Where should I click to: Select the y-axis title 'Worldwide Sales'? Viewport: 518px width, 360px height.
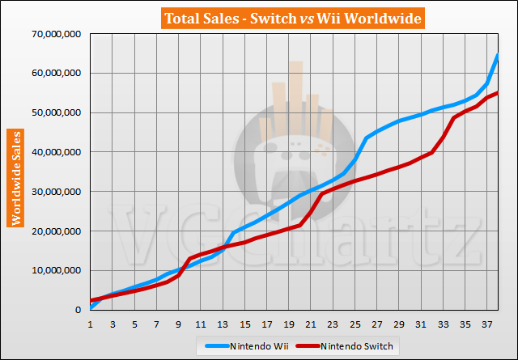pyautogui.click(x=15, y=176)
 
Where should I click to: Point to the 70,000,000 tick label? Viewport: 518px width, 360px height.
pyautogui.click(x=54, y=34)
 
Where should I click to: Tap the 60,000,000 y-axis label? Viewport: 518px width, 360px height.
pyautogui.click(x=54, y=74)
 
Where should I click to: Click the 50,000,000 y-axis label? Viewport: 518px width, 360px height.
pyautogui.click(x=54, y=113)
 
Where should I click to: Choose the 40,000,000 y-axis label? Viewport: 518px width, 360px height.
pyautogui.click(x=54, y=152)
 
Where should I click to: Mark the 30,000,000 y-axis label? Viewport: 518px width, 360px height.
pyautogui.click(x=54, y=192)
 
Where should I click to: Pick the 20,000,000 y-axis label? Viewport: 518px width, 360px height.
pyautogui.click(x=54, y=231)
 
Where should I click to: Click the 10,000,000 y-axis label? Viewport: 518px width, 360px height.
pyautogui.click(x=54, y=271)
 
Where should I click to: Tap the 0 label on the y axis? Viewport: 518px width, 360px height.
pyautogui.click(x=79, y=310)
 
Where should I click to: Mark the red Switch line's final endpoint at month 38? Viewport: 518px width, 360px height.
pyautogui.click(x=497, y=93)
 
